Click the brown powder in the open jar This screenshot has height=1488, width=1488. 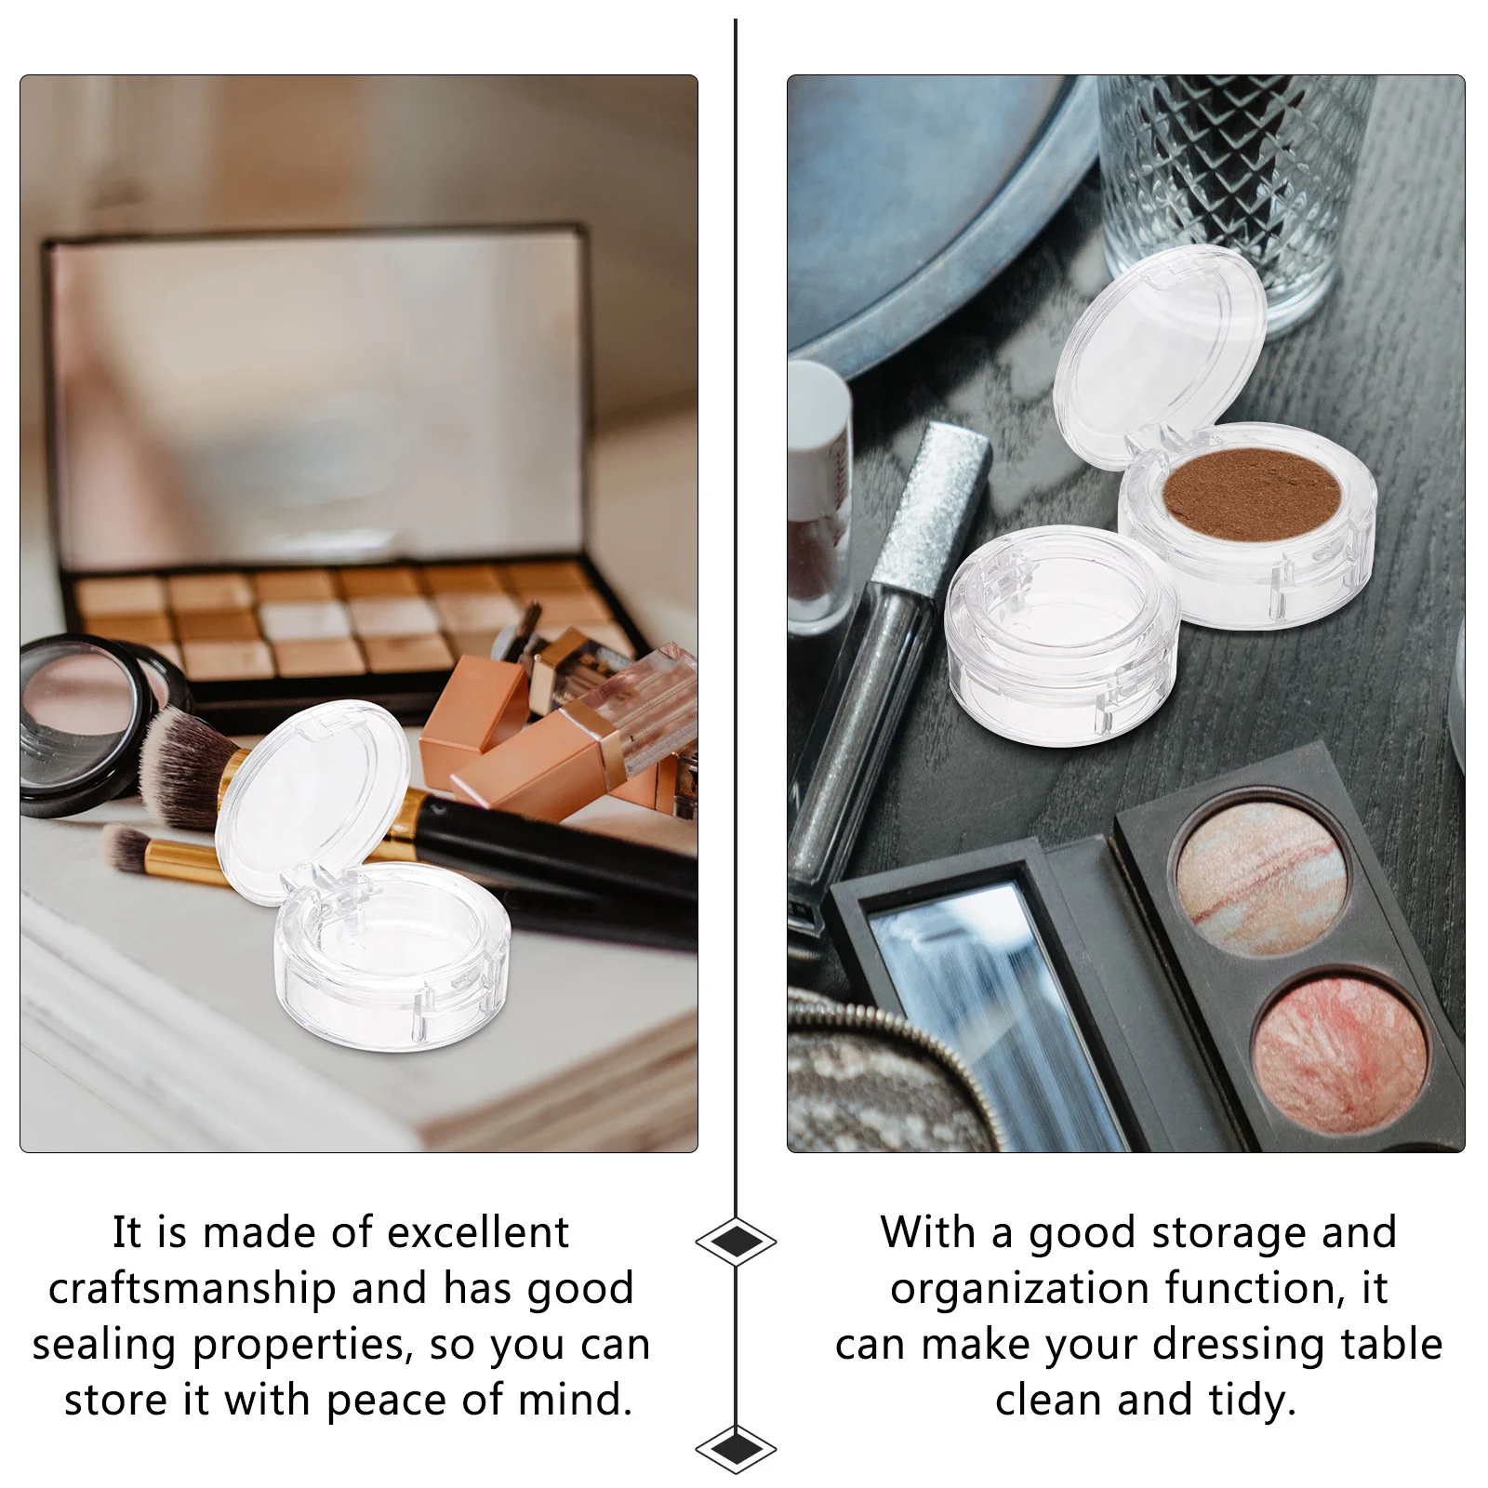point(1251,493)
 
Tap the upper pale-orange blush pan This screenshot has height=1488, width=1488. point(1261,880)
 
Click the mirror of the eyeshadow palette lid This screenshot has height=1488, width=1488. point(316,400)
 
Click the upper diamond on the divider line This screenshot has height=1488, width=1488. point(736,1241)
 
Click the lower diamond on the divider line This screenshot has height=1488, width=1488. point(736,1447)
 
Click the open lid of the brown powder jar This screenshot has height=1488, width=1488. point(1161,353)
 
